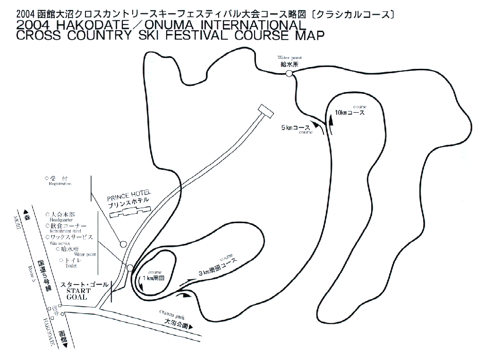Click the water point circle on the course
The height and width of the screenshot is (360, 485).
[289, 74]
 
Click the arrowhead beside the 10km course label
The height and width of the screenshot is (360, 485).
[331, 120]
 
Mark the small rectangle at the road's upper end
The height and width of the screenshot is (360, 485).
[265, 111]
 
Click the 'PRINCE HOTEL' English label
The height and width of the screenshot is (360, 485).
[129, 193]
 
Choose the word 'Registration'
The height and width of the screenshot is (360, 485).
[59, 184]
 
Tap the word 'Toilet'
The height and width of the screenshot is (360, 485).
[71, 266]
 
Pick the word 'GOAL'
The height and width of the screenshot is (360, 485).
[77, 298]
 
